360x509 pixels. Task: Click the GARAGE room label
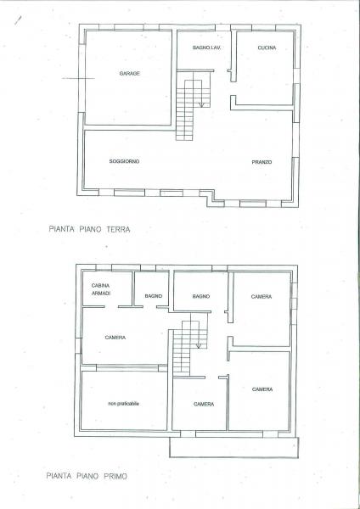tap(130, 75)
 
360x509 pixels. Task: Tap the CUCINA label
tap(267, 48)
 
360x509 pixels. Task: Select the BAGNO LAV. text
tap(206, 48)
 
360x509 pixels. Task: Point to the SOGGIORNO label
tap(125, 161)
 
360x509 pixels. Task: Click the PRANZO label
tap(261, 161)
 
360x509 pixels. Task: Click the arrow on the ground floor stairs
tap(200, 101)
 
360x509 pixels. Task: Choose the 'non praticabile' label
tap(123, 403)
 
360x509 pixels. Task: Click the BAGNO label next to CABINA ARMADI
tap(153, 295)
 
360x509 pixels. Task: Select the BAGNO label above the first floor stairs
tap(200, 296)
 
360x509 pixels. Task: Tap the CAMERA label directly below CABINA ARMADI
tap(115, 338)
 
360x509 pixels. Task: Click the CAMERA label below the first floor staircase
tap(203, 404)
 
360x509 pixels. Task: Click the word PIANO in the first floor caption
tap(90, 477)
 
